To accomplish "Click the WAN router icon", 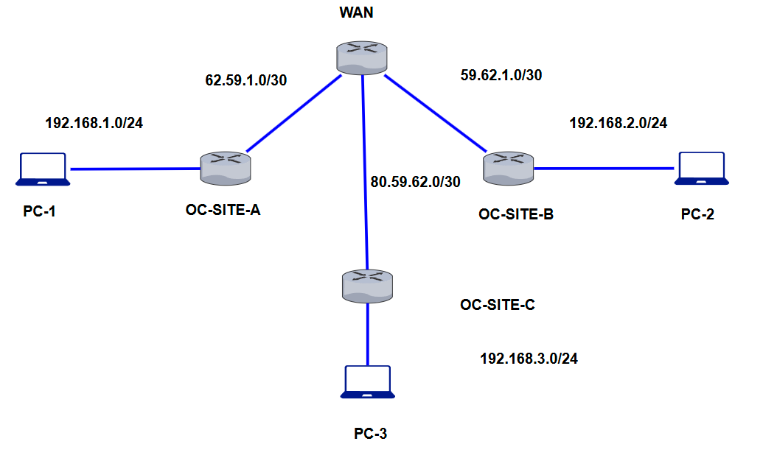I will pos(361,57).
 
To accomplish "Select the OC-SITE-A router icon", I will pos(226,167).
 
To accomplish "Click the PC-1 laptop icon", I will pos(43,169).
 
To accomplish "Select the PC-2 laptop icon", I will pos(701,168).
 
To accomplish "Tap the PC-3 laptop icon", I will pos(368,382).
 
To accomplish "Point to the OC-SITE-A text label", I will pos(223,211).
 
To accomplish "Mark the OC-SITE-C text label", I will pos(497,305).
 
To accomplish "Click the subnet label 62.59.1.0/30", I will pos(245,80).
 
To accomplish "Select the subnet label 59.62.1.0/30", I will pos(501,75).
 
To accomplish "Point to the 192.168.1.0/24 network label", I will pos(94,123).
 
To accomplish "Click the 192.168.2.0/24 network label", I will pos(618,123).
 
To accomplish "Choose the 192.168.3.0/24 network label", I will pos(529,359).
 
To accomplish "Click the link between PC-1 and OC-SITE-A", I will pos(135,169).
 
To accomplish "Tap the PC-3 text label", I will pos(370,433).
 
